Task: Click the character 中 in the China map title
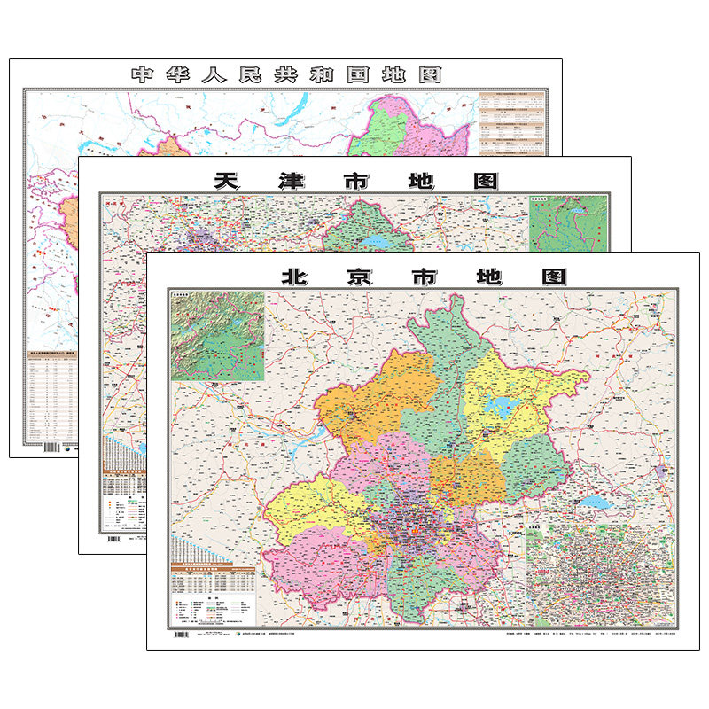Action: (143, 74)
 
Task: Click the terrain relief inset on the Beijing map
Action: (217, 336)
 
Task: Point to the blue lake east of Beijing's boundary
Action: (592, 503)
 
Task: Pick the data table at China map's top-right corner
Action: (514, 124)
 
